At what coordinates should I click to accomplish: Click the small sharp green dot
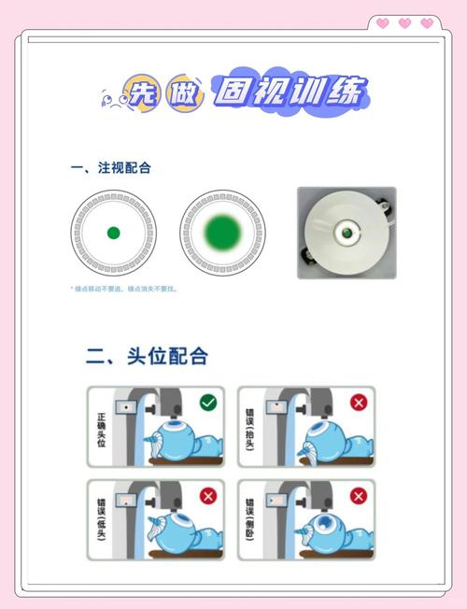[113, 233]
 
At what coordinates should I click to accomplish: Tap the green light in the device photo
[347, 227]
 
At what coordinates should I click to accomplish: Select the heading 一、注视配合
[111, 168]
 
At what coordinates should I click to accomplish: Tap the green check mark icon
[208, 403]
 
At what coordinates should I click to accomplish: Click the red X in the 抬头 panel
[358, 403]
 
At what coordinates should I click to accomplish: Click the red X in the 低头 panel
[208, 497]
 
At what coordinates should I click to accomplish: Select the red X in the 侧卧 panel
[358, 497]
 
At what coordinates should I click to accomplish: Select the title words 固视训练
[290, 91]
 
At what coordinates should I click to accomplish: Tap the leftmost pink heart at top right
[382, 23]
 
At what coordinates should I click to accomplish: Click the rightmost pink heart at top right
[427, 23]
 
